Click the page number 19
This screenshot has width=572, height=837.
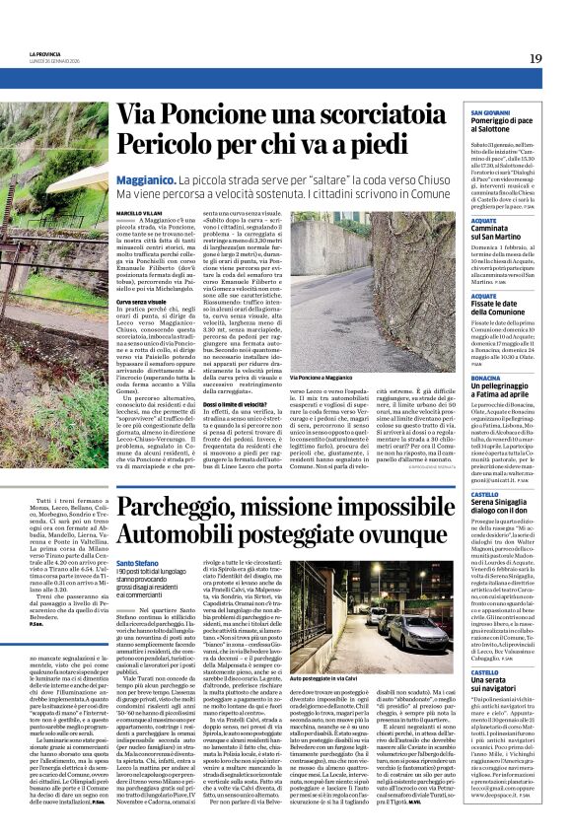pos(535,58)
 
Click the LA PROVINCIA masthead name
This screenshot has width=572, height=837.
pos(45,53)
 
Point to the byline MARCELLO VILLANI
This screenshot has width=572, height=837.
pos(138,212)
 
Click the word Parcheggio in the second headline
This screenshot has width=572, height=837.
pos(184,510)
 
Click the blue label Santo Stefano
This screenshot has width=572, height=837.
pos(138,563)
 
